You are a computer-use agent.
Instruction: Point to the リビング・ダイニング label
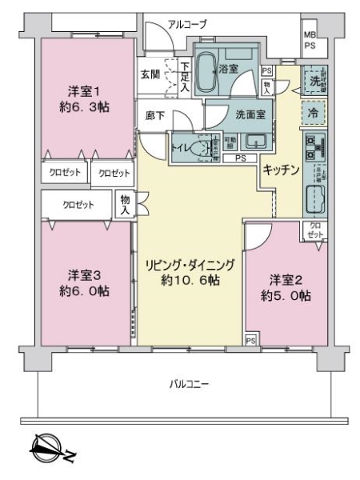[190, 272]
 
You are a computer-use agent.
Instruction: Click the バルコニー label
[190, 385]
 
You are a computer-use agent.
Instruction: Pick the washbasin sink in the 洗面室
[258, 142]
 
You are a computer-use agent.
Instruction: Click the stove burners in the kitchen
[312, 147]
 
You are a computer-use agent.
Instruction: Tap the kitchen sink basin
[312, 197]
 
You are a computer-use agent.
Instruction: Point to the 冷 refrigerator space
[312, 112]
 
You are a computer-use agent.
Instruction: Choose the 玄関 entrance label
[150, 74]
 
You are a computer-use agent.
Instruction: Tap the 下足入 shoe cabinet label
[184, 75]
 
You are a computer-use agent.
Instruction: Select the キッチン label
[280, 169]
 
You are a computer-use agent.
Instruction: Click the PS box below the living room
[251, 341]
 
